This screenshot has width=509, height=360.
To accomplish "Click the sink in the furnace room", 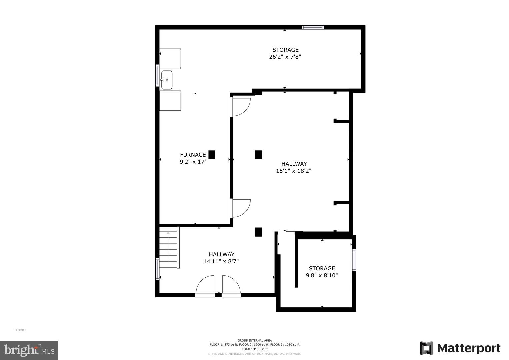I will [x=167, y=80].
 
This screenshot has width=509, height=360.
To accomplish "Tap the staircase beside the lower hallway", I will [x=168, y=247].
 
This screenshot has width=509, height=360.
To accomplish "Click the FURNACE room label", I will [x=193, y=155].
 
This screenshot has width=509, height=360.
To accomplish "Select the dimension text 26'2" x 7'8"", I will [x=285, y=57].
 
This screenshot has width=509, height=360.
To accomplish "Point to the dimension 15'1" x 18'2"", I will [x=294, y=171].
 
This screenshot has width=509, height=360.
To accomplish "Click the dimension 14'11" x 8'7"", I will [x=221, y=262].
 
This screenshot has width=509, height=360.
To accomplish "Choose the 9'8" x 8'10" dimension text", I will [x=322, y=276].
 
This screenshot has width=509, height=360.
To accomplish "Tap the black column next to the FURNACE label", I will [x=212, y=155].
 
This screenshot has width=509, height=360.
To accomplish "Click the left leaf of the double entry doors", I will [x=205, y=286].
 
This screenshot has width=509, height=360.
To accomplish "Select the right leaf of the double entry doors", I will [x=231, y=286].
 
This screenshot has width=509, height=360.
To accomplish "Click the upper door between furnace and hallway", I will [x=240, y=107].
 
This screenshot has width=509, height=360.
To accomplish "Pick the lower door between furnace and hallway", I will [x=240, y=208].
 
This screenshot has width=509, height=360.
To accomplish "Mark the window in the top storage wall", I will [x=312, y=27].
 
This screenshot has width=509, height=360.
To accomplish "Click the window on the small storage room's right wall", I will [x=354, y=260].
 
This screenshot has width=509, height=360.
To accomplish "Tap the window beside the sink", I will [x=157, y=76].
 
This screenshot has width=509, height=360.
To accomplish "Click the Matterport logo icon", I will [x=426, y=348].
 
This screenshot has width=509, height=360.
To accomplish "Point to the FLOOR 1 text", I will [x=20, y=330].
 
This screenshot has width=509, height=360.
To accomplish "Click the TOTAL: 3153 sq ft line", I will [x=254, y=349].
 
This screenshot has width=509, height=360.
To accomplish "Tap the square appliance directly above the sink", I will [x=170, y=59].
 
